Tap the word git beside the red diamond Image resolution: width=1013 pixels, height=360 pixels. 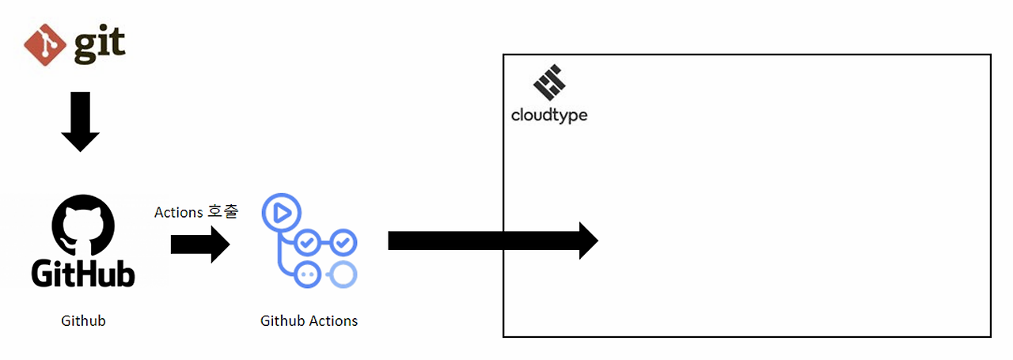tap(100, 46)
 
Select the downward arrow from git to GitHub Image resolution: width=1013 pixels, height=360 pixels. tap(80, 121)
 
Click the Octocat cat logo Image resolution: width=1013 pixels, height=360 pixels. tap(83, 224)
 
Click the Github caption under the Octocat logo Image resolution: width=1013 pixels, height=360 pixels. tap(83, 320)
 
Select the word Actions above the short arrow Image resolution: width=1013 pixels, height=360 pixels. tap(178, 212)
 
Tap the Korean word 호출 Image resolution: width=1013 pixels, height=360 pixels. tap(222, 212)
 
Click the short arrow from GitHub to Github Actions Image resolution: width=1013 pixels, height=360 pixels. tap(199, 244)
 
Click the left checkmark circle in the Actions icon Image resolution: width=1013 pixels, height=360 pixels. tap(307, 241)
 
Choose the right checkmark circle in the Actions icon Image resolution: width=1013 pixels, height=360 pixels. tap(343, 241)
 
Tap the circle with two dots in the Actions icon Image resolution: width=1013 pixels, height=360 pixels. tap(307, 274)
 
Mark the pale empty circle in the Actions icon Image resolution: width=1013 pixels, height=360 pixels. tap(343, 274)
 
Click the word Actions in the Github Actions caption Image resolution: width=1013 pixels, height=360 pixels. tap(332, 320)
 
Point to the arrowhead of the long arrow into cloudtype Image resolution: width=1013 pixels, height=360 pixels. tap(588, 241)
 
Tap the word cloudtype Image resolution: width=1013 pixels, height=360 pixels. tap(549, 116)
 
